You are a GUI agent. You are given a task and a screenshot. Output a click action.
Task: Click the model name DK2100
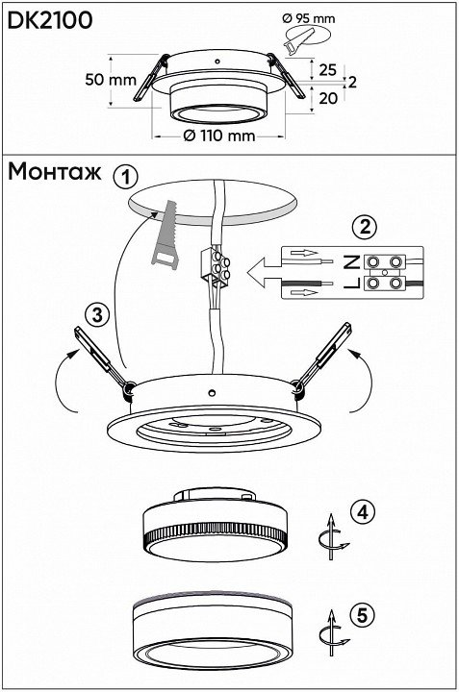[x=50, y=20]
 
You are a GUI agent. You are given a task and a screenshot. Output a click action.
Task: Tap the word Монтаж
[x=54, y=172]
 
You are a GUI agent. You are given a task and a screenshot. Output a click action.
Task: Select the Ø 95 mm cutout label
[x=309, y=18]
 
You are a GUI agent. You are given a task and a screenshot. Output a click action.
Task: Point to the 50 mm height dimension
[x=111, y=80]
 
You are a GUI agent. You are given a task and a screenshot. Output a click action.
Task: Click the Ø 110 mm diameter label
[x=219, y=136]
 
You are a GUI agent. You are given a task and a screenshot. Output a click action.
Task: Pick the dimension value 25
[x=327, y=70]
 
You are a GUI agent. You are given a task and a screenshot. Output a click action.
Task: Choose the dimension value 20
[x=328, y=98]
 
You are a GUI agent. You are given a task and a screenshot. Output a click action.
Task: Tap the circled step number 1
[x=126, y=177]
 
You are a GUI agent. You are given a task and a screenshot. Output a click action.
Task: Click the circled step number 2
[x=365, y=228]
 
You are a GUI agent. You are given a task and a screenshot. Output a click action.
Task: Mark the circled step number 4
[x=362, y=512]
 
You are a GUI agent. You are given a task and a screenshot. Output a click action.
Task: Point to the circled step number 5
[x=362, y=614]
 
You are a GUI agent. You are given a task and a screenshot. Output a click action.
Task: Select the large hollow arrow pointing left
[x=264, y=273]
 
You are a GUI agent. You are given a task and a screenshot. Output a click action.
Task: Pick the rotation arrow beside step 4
[x=333, y=536]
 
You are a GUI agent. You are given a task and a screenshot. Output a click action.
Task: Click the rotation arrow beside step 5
[x=333, y=633]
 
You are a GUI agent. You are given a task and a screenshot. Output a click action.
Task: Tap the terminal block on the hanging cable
[x=216, y=264]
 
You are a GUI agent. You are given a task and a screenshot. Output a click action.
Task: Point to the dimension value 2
[x=351, y=82]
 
